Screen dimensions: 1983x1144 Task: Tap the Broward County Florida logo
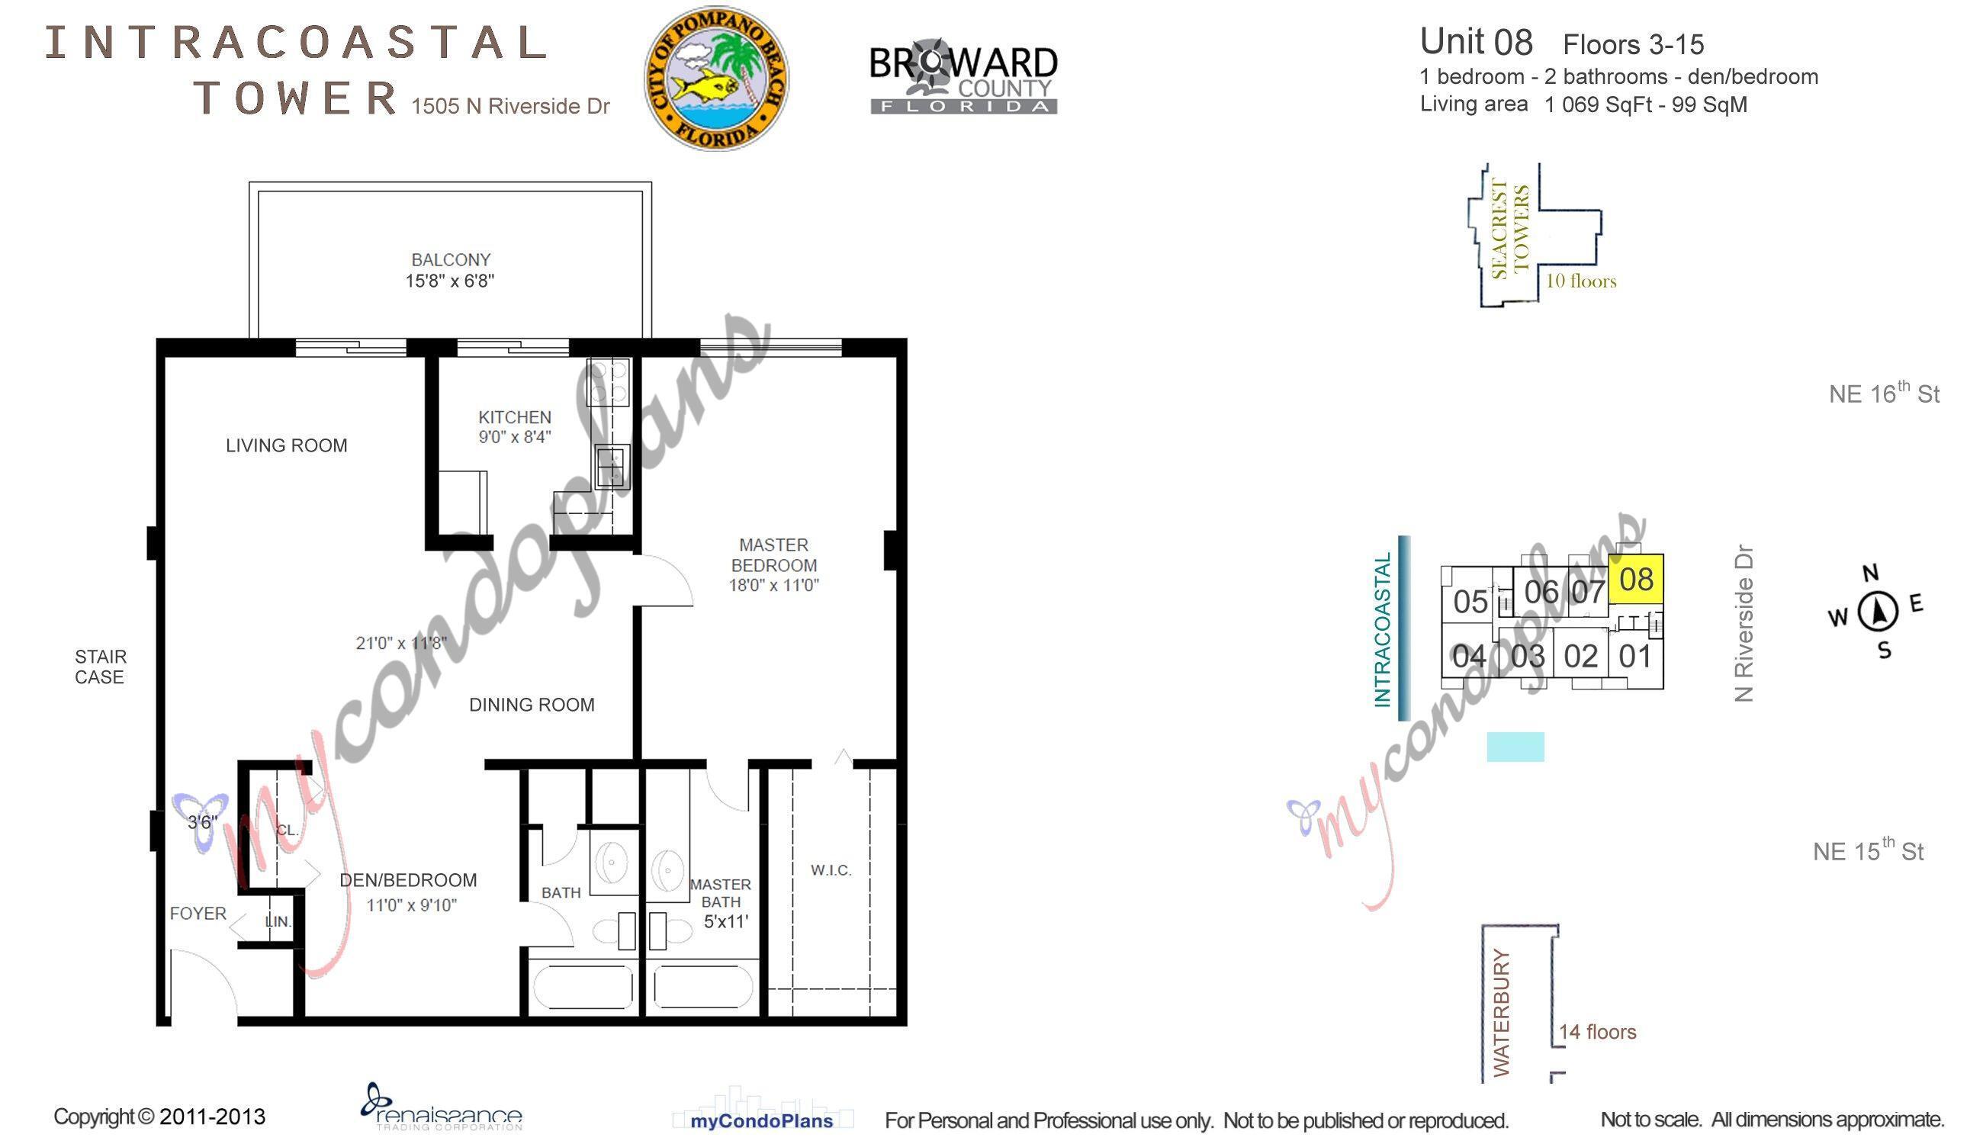tap(963, 79)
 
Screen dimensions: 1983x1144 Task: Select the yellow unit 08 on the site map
tap(1637, 579)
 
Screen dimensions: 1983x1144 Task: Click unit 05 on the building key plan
tap(1470, 602)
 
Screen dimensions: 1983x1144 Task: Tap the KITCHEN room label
tap(515, 417)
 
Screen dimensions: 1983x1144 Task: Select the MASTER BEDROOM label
tap(774, 554)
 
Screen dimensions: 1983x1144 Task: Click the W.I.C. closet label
tap(831, 869)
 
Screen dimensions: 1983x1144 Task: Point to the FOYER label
tap(198, 913)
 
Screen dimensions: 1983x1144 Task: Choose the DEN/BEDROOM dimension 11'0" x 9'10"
tap(411, 905)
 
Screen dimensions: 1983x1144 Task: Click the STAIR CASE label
tap(101, 667)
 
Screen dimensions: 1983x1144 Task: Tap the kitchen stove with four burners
tap(608, 382)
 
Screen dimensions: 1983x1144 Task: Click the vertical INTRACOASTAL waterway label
tap(1383, 629)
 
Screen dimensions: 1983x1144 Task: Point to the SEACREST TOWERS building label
tap(1510, 230)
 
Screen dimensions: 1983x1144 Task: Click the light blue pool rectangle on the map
tap(1515, 747)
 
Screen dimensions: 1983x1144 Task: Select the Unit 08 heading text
tap(1477, 42)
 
